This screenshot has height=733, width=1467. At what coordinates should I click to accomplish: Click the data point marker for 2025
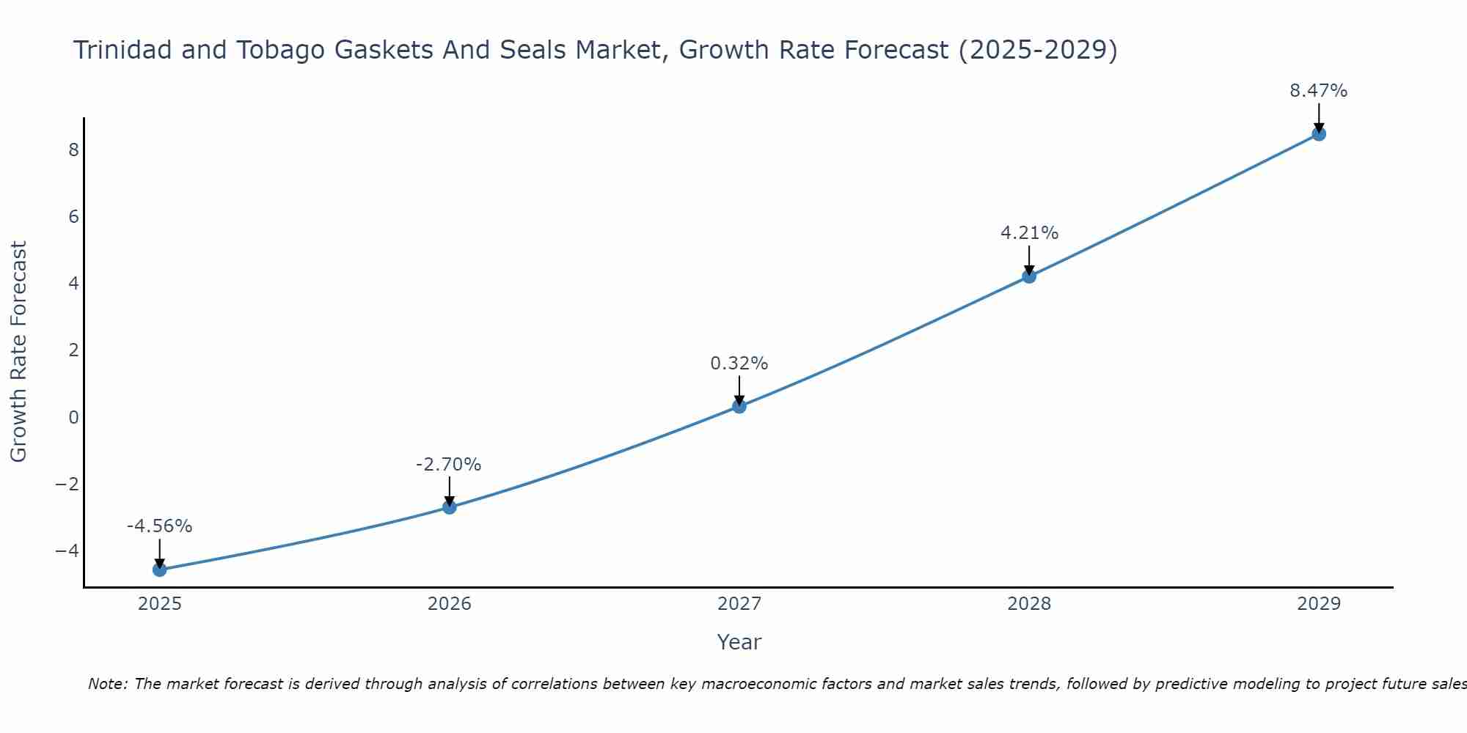(160, 570)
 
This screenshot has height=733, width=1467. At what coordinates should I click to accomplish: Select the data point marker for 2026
(450, 507)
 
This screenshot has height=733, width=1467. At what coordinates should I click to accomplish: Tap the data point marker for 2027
(739, 406)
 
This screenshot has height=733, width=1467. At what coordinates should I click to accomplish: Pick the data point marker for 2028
(1029, 276)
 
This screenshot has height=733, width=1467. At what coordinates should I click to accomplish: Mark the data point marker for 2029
(1319, 134)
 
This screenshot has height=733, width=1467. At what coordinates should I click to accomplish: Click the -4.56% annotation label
(159, 526)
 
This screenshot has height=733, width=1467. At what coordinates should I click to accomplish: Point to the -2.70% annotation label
(448, 465)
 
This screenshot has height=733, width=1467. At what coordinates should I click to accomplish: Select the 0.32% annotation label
(739, 364)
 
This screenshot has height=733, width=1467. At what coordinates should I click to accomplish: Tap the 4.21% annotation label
(1029, 233)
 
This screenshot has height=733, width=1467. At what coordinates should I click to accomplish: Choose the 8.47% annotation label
(1319, 91)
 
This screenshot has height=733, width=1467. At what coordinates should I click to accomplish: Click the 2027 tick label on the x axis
(739, 604)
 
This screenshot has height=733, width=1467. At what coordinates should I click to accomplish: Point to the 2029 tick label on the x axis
(1319, 604)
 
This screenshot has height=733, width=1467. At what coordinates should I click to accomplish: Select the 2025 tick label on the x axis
(160, 604)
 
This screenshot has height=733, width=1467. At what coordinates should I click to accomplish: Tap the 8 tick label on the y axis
(73, 150)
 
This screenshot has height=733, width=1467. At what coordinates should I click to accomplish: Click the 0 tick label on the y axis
(73, 418)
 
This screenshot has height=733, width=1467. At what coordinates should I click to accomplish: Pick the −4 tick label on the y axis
(67, 551)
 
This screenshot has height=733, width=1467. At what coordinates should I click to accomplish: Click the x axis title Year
(739, 642)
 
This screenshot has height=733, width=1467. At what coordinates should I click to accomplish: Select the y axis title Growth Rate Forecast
(18, 352)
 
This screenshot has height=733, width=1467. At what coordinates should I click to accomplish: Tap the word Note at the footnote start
(107, 684)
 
